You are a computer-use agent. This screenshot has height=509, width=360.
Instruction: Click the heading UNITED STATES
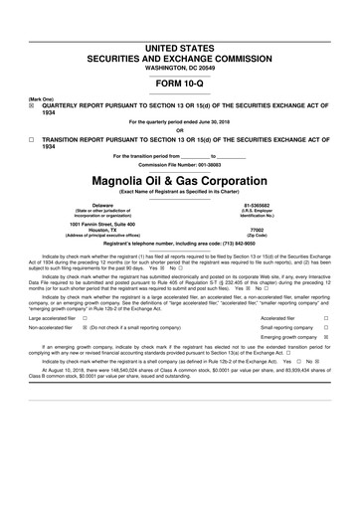pyautogui.click(x=179, y=48)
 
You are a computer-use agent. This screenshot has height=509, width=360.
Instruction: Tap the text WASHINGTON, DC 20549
pyautogui.click(x=179, y=68)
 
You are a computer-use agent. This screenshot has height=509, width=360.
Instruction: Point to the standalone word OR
pyautogui.click(x=179, y=131)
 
